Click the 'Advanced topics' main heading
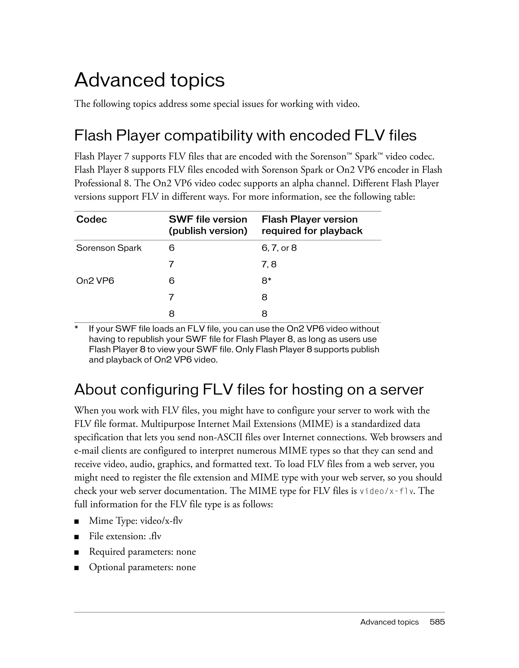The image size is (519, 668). [149, 80]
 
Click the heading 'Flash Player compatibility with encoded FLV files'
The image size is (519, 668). [245, 135]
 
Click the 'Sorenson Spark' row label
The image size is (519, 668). [109, 248]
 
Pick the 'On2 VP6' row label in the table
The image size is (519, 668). [95, 281]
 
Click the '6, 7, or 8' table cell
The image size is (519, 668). [279, 248]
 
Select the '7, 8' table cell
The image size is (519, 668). [269, 264]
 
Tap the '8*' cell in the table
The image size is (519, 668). [266, 281]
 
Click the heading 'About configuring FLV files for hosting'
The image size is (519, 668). [249, 390]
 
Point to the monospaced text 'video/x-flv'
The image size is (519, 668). [387, 491]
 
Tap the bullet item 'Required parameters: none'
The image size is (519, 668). [142, 552]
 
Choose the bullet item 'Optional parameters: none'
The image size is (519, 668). [142, 567]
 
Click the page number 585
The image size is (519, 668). [437, 622]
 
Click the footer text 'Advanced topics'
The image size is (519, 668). [389, 622]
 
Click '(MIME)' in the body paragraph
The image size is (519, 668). [316, 424]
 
